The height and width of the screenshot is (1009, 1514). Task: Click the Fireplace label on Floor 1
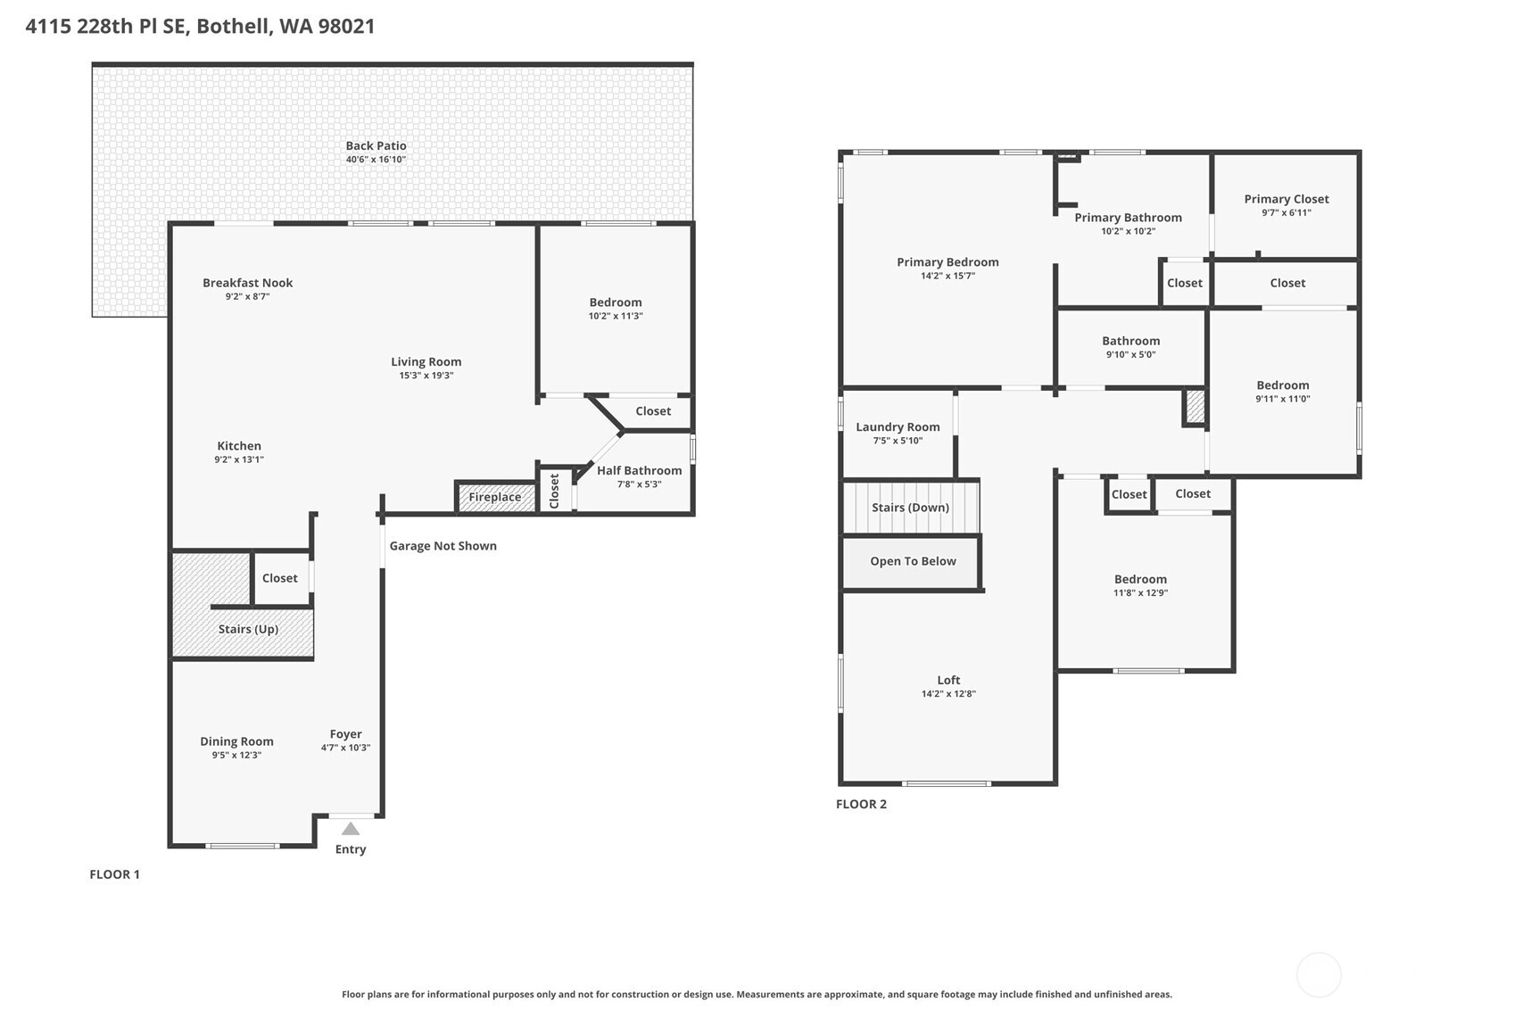pos(494,498)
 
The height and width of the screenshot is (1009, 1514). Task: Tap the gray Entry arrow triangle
pos(351,829)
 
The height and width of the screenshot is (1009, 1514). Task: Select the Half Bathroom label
pos(639,471)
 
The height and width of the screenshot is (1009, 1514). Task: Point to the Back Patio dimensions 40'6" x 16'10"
pos(376,160)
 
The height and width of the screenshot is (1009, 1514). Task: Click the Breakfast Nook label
pos(247,283)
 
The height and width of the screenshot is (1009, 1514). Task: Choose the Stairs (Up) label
pos(248,629)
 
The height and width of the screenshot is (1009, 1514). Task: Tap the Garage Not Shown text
pos(443,546)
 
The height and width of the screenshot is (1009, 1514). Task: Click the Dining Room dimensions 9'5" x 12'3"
pos(236,756)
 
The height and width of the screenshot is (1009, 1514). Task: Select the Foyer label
pos(345,734)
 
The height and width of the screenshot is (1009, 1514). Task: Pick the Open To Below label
pos(913,561)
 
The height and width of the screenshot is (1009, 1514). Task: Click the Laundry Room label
pos(898,427)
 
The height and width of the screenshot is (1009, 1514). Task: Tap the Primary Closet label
pos(1286,199)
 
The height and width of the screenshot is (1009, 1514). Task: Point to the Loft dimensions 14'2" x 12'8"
pos(948,694)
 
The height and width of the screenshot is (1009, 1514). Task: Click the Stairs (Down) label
pos(910,508)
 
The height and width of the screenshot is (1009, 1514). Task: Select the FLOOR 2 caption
pos(861,804)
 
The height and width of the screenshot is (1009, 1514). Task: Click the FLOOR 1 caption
pos(114,874)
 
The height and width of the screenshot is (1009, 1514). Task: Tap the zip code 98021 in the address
pos(346,26)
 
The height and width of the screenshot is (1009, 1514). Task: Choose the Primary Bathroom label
pos(1128,218)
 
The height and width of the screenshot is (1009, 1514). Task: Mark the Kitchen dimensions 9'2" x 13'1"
pos(238,460)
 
